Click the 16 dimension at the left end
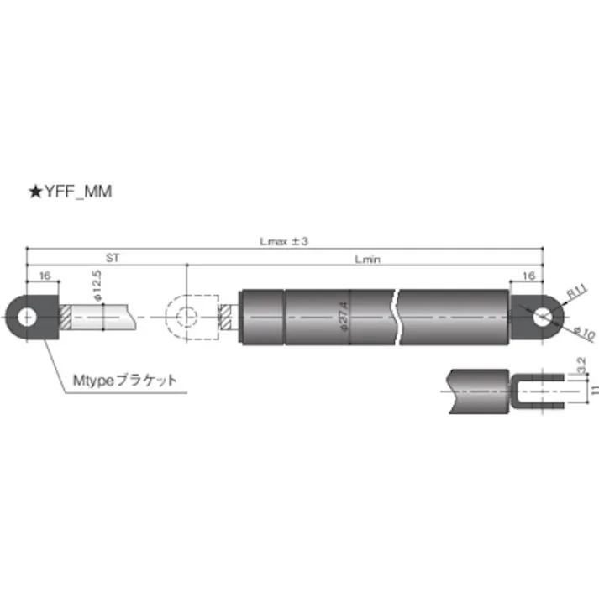click(45, 276)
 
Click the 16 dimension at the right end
click(528, 276)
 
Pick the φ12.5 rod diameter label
click(97, 286)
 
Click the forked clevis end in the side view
click(539, 388)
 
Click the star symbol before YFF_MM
click(34, 192)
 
